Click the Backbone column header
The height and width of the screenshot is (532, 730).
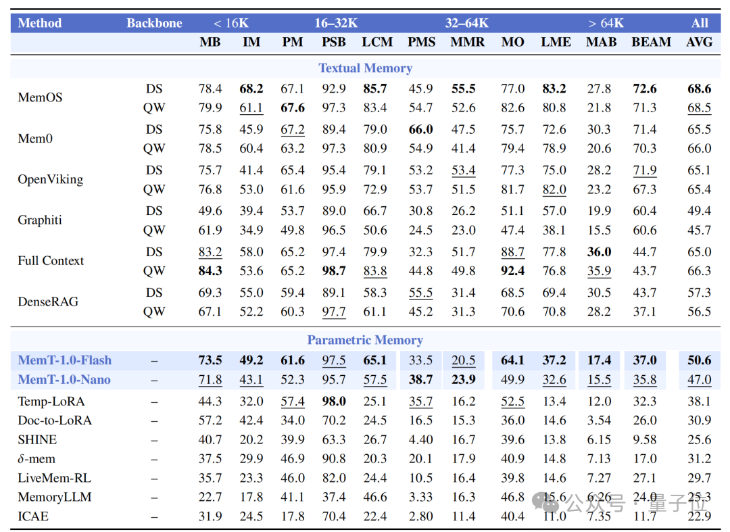tap(154, 23)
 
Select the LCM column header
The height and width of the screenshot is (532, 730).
tap(377, 43)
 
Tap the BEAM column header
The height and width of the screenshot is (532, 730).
tap(652, 43)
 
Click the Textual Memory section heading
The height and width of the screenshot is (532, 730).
tap(366, 68)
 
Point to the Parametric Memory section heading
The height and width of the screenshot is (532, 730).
tap(365, 340)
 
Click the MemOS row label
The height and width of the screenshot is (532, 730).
tap(40, 98)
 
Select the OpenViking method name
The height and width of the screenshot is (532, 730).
tap(50, 180)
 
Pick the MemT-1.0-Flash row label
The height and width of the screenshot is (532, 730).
tap(65, 360)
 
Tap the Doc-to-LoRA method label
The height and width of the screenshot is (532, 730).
tap(55, 420)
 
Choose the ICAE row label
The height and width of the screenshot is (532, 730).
tap(33, 516)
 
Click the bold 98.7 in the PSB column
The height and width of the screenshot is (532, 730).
tap(334, 271)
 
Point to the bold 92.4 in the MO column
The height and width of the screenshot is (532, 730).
tap(512, 271)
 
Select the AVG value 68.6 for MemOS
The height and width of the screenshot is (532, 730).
tap(700, 89)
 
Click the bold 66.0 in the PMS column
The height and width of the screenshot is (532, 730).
tap(421, 129)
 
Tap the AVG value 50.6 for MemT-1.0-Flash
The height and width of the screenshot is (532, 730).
tap(700, 360)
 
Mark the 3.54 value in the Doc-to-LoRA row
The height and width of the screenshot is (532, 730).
tap(599, 420)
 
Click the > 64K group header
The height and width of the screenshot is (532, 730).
tap(606, 23)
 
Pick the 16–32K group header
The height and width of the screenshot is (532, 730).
tap(336, 23)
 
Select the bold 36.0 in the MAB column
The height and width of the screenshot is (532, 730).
tap(599, 251)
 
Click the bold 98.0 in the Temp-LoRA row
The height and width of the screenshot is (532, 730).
tap(334, 402)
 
